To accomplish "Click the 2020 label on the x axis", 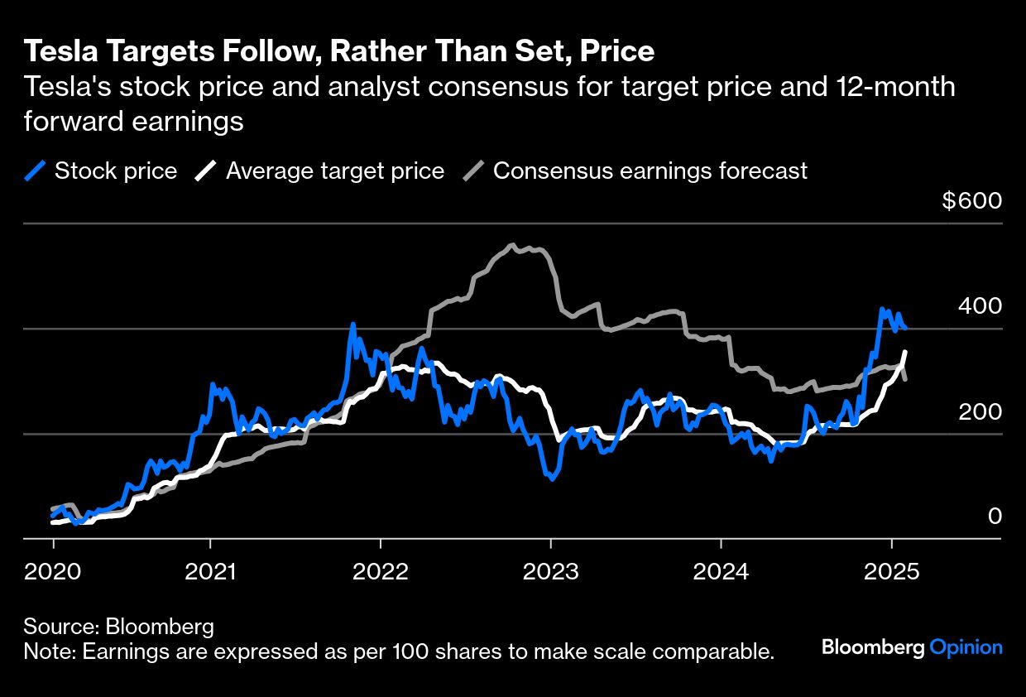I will tap(53, 570).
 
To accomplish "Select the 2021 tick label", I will tap(210, 570).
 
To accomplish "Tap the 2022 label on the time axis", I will tap(381, 570).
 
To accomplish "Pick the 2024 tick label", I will tap(721, 570).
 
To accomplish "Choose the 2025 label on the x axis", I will tap(891, 570).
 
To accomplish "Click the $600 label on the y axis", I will tap(972, 201).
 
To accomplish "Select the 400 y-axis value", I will tap(980, 306).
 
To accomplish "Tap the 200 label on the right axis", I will tap(980, 411).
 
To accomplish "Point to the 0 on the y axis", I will tap(995, 517).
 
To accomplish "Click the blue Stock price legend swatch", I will tap(35, 171).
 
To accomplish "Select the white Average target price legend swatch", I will tap(205, 171).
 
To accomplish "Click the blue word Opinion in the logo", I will tap(966, 647).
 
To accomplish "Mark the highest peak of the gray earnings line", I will tap(512, 245).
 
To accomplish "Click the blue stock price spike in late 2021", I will tap(352, 324).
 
